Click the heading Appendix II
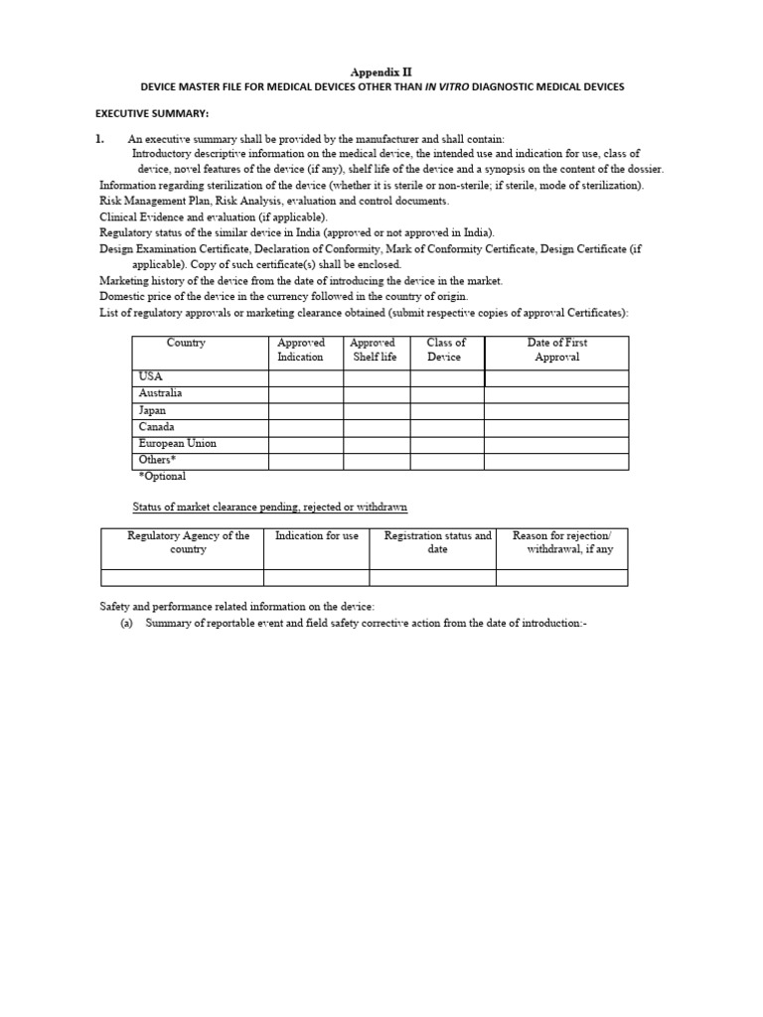click(x=381, y=72)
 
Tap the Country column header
click(x=187, y=343)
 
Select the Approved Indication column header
click(x=301, y=350)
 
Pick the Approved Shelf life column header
click(x=374, y=350)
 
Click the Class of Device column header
click(x=446, y=350)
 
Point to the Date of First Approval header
click(x=556, y=350)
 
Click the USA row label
click(x=151, y=377)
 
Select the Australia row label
click(x=161, y=393)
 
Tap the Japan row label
click(x=153, y=410)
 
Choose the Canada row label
click(x=157, y=427)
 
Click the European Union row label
click(x=178, y=444)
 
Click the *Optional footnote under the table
click(x=162, y=477)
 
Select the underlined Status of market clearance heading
click(x=270, y=508)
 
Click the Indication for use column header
click(x=317, y=536)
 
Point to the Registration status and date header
click(x=438, y=542)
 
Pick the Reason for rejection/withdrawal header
click(x=563, y=542)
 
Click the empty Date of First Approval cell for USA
click(x=556, y=377)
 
